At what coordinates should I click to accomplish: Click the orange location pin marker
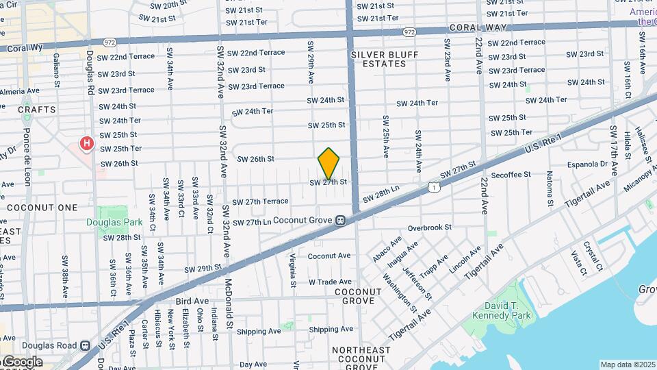[329, 163]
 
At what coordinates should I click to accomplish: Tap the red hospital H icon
[87, 144]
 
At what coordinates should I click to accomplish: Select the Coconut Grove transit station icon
[339, 220]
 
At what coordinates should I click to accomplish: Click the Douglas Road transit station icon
[85, 346]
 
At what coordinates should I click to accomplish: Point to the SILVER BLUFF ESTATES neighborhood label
[378, 59]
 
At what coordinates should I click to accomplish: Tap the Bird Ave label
[192, 301]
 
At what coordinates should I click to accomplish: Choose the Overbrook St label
[430, 227]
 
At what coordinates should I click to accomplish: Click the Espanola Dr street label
[588, 164]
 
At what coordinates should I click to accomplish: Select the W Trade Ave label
[329, 282]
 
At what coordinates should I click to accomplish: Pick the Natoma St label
[550, 189]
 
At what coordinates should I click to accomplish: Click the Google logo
[23, 362]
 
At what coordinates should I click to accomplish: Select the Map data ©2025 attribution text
[628, 365]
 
